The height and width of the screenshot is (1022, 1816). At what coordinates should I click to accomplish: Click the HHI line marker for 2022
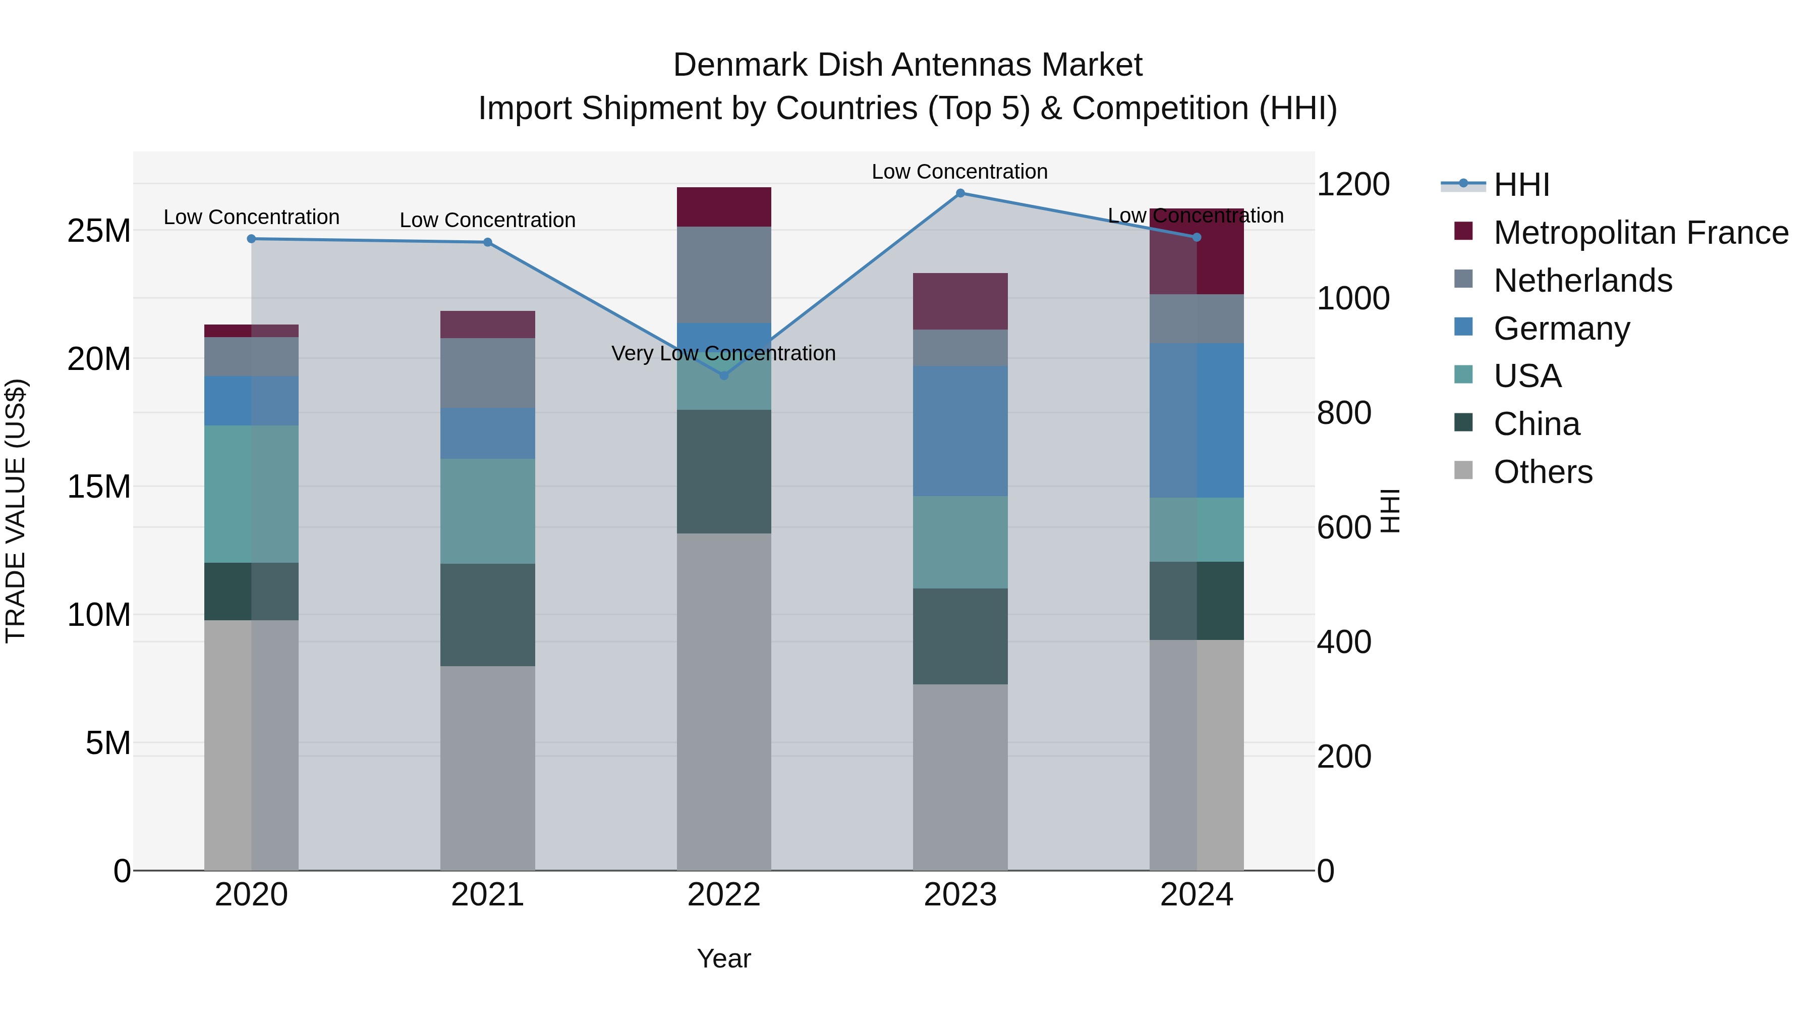point(723,375)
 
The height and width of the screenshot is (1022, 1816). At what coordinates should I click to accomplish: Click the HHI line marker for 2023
point(959,193)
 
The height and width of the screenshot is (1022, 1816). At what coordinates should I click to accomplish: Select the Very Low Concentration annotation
point(723,353)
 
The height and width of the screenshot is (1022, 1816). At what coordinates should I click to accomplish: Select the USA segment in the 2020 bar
point(251,494)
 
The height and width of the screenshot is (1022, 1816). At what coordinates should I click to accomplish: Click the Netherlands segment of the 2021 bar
point(487,372)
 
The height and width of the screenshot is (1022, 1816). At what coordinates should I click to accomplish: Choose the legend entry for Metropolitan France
point(1640,233)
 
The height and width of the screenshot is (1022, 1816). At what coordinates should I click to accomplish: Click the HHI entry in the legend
point(1521,185)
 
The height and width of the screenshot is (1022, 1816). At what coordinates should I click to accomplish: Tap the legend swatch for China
point(1463,423)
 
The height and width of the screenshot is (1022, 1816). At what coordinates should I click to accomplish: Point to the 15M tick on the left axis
point(99,487)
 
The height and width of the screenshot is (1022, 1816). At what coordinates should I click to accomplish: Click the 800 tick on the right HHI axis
point(1344,413)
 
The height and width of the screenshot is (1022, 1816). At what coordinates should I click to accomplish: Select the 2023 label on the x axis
point(959,895)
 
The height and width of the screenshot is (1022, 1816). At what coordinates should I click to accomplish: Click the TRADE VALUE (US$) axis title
point(16,511)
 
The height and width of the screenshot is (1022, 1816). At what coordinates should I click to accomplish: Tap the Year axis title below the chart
point(723,958)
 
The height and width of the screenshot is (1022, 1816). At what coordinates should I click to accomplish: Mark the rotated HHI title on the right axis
point(1390,511)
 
